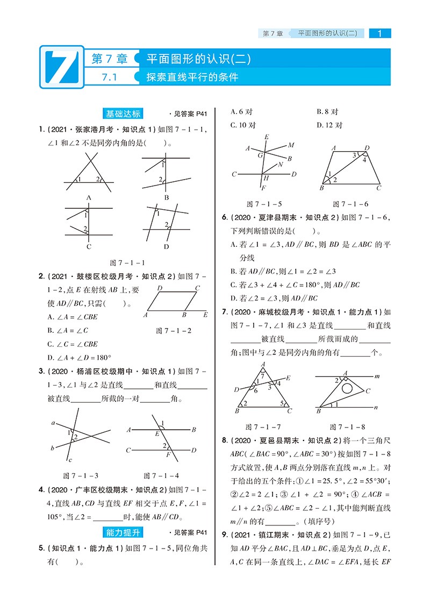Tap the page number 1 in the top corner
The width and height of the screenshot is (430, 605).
tap(380, 34)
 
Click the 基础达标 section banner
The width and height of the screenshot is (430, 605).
tap(123, 113)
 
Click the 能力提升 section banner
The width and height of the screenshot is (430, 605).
tap(123, 532)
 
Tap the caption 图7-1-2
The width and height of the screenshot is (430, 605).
tap(174, 331)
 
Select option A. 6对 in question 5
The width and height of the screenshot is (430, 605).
tap(241, 112)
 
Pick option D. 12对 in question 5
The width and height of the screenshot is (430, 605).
tap(329, 125)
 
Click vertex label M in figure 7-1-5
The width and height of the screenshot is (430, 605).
tap(291, 145)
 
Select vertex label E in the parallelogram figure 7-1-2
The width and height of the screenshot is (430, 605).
tap(205, 315)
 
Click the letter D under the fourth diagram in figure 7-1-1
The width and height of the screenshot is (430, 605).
tap(166, 246)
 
